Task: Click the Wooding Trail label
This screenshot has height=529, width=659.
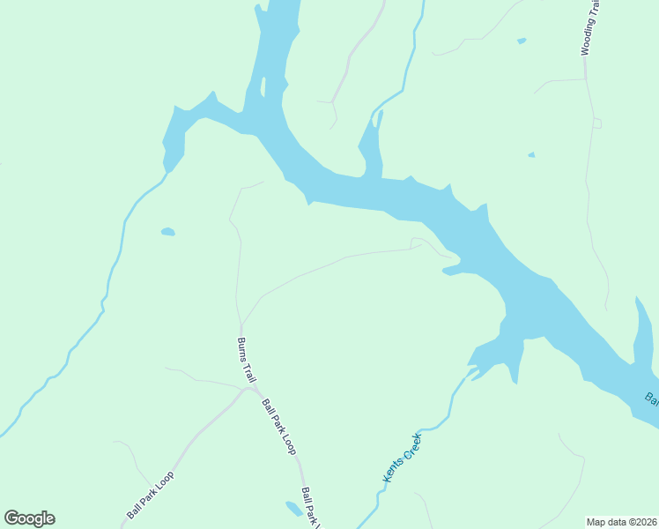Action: point(589,27)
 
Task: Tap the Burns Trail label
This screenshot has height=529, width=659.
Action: point(246,360)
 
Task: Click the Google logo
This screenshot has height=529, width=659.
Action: point(29,518)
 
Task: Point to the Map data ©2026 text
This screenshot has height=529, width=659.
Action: point(622,522)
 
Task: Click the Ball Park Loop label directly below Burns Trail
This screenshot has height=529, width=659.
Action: point(278,426)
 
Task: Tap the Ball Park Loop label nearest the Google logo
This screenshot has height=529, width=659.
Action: point(150,495)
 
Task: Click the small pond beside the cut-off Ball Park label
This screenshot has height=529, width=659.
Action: point(292,508)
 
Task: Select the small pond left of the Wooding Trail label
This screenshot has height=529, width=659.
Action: point(522,41)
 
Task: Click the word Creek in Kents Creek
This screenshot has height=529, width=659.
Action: point(411,446)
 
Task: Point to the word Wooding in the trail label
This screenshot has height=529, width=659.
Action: point(589,36)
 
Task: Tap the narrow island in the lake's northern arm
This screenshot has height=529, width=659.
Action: point(263,86)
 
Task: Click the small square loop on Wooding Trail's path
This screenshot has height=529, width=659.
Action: point(596,123)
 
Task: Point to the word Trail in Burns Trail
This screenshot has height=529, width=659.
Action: point(250,372)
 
